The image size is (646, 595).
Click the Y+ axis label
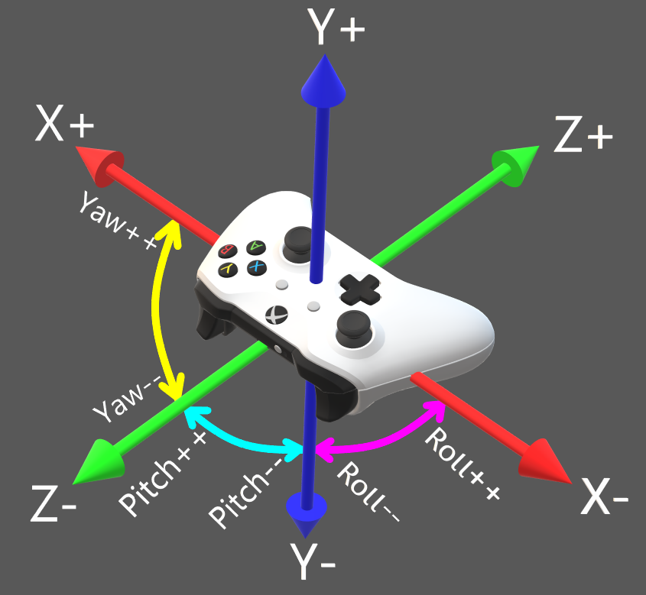tap(336, 28)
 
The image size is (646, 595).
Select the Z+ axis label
tap(583, 137)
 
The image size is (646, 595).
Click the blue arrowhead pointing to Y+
tap(323, 81)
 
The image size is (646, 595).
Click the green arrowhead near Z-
tap(98, 460)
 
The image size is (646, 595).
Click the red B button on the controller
tap(227, 251)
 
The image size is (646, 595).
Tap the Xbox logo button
tap(275, 313)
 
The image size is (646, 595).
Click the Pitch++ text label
tap(164, 474)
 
